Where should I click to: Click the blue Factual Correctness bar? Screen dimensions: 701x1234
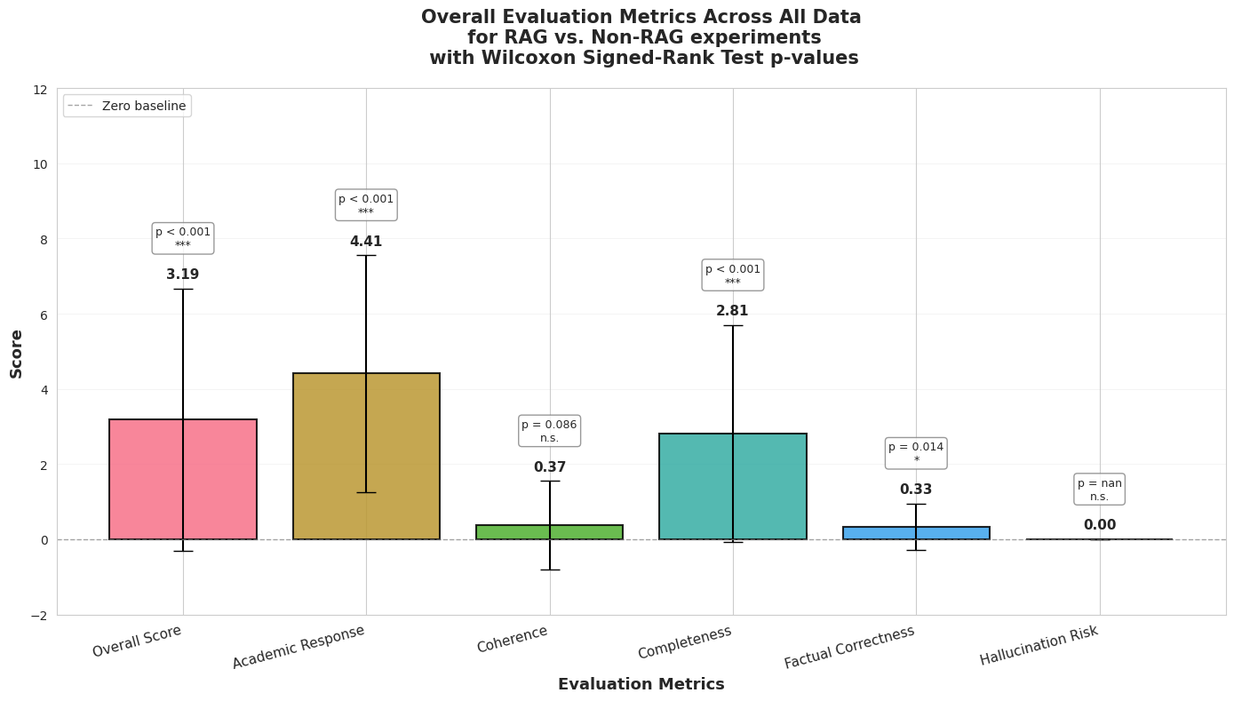[x=951, y=533]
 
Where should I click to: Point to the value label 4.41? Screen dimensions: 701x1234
[x=366, y=242]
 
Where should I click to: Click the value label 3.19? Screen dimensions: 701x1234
[x=183, y=275]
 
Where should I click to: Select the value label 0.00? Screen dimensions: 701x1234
[x=1099, y=525]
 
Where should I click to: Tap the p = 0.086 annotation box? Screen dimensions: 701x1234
[x=549, y=431]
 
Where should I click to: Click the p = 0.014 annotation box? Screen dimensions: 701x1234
[x=916, y=453]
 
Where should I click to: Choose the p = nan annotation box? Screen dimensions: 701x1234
[x=1099, y=490]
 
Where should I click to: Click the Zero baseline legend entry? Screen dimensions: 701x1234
[x=127, y=106]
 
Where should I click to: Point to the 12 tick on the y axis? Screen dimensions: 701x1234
[x=40, y=90]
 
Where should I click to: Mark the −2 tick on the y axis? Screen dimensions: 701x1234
[x=38, y=615]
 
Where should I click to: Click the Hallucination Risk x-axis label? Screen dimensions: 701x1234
[x=1039, y=645]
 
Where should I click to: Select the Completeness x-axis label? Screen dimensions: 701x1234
[x=685, y=642]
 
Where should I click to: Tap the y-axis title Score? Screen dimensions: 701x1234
[x=17, y=354]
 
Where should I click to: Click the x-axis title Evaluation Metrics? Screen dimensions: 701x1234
[x=641, y=684]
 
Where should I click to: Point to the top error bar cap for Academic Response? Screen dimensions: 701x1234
[x=366, y=255]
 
